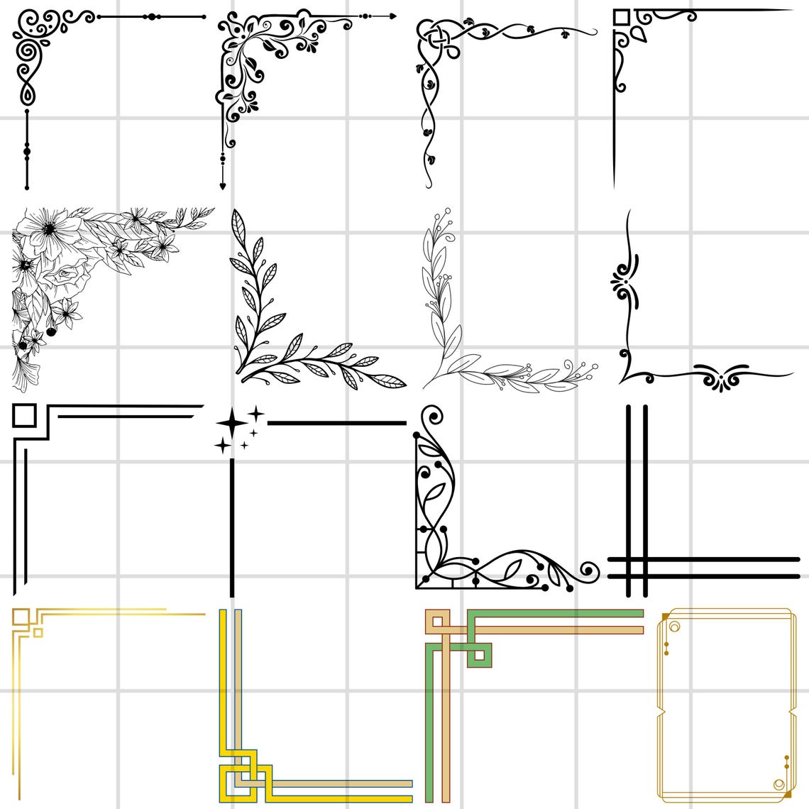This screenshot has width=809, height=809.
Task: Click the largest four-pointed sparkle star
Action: point(231,424)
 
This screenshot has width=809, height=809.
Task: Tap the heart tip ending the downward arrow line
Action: point(222,186)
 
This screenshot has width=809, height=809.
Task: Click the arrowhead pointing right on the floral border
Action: point(392,15)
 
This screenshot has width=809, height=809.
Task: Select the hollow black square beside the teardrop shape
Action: point(621,18)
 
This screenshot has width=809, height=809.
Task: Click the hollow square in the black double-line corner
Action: point(23,415)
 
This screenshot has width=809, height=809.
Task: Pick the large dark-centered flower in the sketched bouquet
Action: point(49,229)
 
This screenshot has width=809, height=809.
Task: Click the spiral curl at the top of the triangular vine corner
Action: point(430,417)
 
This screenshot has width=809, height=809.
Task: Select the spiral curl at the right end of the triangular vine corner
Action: point(589,569)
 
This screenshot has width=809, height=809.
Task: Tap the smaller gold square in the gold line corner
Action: point(38,632)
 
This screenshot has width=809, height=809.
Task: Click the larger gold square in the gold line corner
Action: point(21,617)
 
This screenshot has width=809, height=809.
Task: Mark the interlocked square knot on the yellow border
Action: point(246,781)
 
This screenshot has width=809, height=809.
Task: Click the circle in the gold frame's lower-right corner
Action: point(778,784)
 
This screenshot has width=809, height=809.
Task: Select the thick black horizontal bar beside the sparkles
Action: point(336,423)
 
